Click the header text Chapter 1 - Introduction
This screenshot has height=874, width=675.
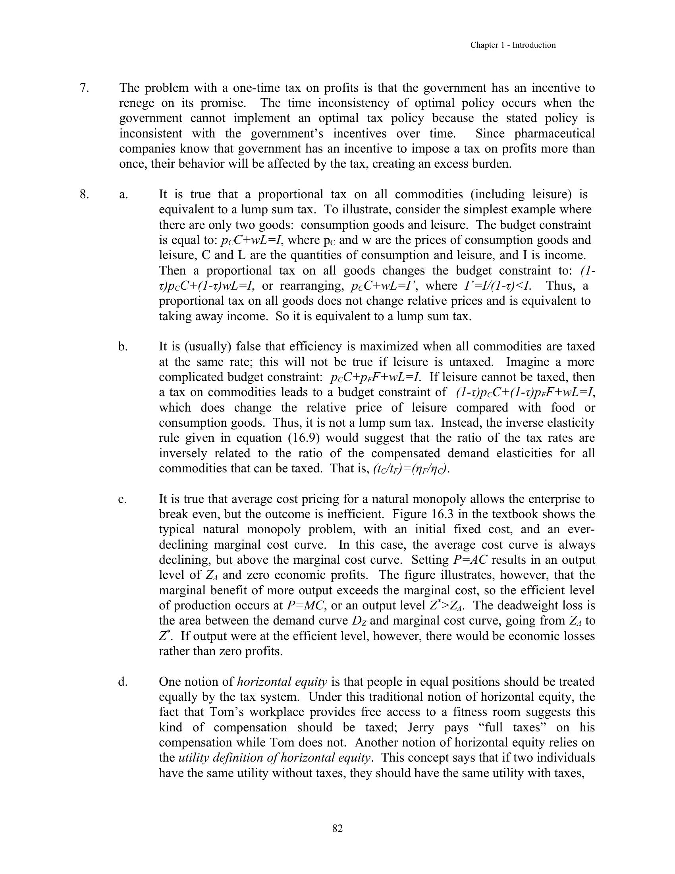tap(513, 45)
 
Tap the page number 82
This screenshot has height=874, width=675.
tap(337, 828)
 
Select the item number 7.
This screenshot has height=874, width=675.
tap(84, 88)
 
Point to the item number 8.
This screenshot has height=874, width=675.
tap(84, 195)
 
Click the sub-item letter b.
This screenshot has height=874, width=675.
tap(123, 346)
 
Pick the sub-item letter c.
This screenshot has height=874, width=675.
tap(122, 499)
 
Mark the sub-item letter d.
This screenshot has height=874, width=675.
tap(123, 681)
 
